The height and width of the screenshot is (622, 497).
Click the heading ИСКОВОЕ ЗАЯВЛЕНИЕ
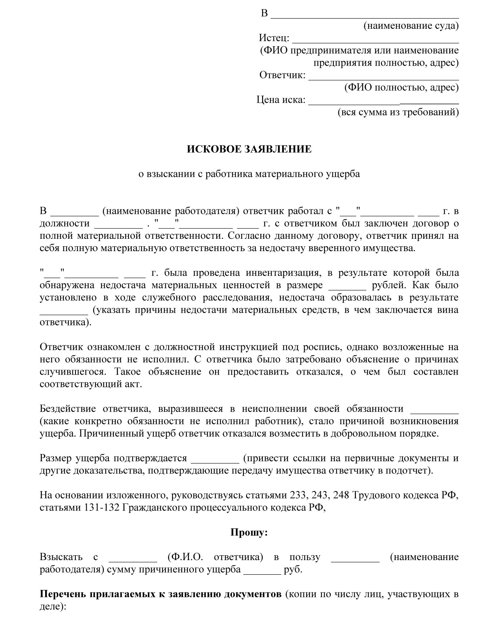tap(249, 149)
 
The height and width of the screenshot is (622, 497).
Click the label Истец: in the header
tap(274, 38)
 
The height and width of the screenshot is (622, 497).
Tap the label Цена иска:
tap(281, 100)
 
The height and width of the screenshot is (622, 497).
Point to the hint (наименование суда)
tap(411, 25)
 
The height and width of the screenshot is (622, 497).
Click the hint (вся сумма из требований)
tap(398, 112)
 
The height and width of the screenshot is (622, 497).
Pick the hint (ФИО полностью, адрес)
tap(401, 87)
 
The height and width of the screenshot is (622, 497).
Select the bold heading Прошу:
tap(249, 532)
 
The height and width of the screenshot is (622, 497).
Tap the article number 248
tap(341, 495)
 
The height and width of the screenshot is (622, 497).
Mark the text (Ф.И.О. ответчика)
tap(215, 557)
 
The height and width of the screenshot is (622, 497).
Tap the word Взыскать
tap(61, 557)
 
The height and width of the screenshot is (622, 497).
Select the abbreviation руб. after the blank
tap(293, 570)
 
